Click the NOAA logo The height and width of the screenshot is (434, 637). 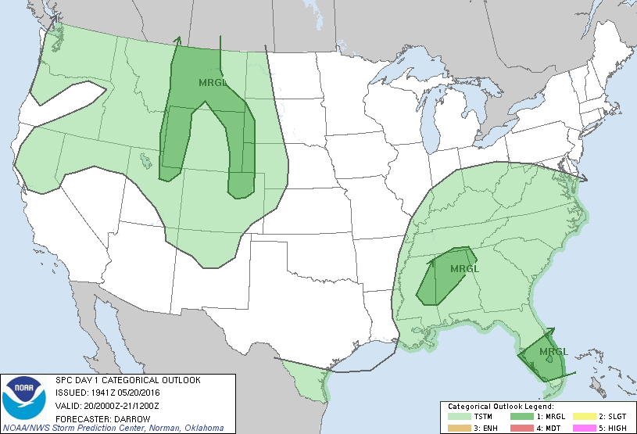[x=24, y=396]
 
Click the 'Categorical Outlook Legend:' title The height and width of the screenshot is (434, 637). [x=500, y=407]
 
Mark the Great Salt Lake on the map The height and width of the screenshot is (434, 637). [x=145, y=161]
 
